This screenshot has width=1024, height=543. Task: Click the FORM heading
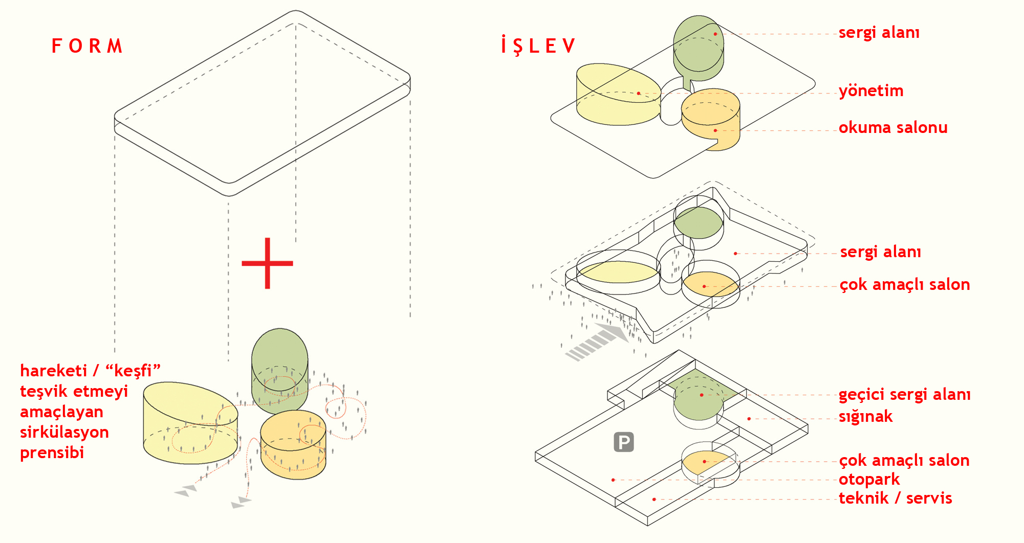coord(87,46)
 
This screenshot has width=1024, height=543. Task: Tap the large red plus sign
coord(267,263)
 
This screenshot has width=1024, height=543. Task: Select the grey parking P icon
coord(624,442)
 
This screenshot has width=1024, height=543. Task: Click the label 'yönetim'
coord(871,91)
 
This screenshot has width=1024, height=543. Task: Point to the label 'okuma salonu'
coord(893,127)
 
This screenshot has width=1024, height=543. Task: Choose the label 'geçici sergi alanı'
coord(904,394)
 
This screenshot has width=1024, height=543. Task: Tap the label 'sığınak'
coord(865,417)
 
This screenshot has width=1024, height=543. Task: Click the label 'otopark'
coord(869,480)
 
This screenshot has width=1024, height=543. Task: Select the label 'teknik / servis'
coord(895,498)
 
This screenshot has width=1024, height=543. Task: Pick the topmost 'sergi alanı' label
coord(879,33)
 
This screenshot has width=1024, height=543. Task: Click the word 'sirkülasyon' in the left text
coord(64,432)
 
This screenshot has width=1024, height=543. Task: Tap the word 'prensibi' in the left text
coord(52,452)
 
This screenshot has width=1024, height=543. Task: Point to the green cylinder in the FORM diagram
coord(279,368)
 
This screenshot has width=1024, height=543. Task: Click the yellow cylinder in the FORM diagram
coord(189,424)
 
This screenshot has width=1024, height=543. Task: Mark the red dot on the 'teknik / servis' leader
coord(654,499)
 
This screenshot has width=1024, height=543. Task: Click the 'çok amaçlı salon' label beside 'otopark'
coord(904,461)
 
